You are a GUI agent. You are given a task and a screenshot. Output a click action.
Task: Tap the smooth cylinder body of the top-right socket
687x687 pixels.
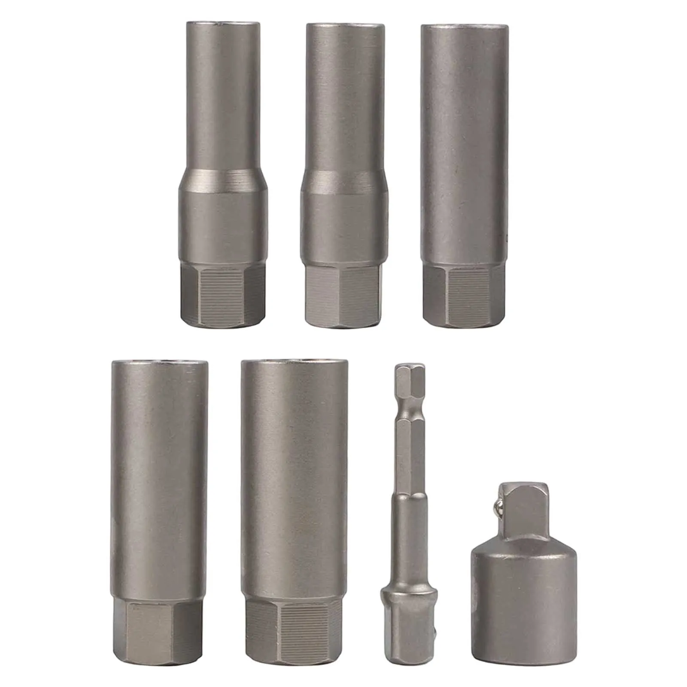465,142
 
